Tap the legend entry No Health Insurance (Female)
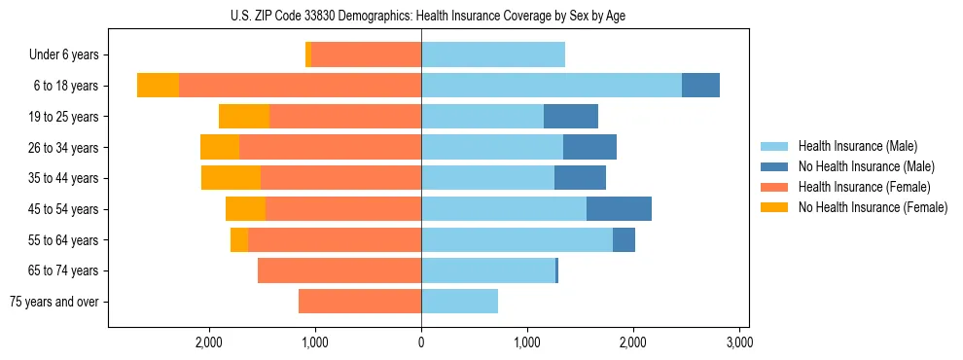click(872, 207)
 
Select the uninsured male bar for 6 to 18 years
click(700, 86)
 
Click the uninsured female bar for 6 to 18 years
click(158, 86)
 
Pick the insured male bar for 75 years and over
click(459, 302)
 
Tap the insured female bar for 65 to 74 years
click(339, 270)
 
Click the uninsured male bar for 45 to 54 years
click(619, 209)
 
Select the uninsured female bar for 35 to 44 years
click(231, 178)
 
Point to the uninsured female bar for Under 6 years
click(308, 55)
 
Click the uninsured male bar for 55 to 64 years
click(624, 239)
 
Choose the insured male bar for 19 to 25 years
click(482, 117)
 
